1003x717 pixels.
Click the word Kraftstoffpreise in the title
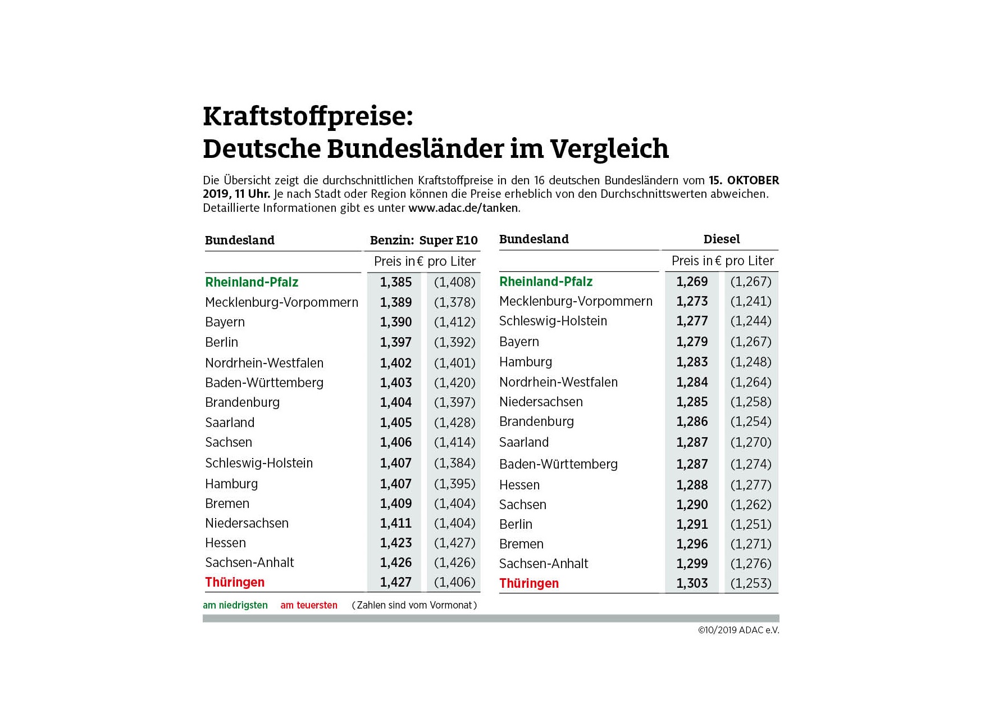tap(308, 116)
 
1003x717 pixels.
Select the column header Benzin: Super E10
tap(423, 240)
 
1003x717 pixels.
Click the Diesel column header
tap(722, 239)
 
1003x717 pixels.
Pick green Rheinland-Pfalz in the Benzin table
tap(252, 282)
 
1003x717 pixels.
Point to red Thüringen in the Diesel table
tap(529, 583)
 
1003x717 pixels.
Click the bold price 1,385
tap(396, 282)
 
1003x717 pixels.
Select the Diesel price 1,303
tap(692, 583)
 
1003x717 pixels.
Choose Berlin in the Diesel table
tap(516, 524)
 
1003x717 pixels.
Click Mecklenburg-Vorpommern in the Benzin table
tap(281, 302)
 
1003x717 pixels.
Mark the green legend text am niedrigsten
tap(235, 605)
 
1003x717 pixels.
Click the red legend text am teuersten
tap(309, 605)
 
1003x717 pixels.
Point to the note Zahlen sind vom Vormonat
tap(414, 605)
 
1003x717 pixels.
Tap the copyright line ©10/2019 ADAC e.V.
tap(738, 630)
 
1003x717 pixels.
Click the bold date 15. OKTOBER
tap(744, 180)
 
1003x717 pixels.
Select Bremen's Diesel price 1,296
tap(692, 544)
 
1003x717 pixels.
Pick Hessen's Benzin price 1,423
tap(396, 543)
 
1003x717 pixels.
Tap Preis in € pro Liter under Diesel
tap(722, 261)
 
